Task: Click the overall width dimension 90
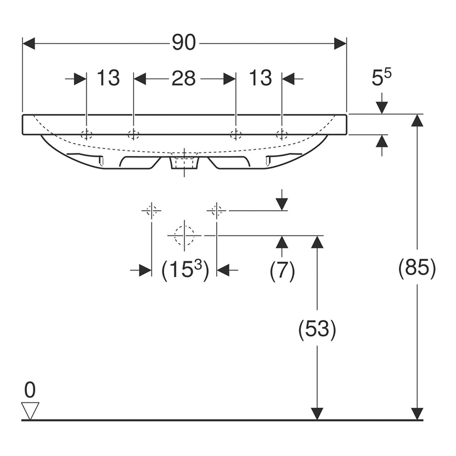click(184, 43)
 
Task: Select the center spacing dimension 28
click(184, 79)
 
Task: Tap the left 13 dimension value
click(108, 79)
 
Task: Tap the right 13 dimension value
click(260, 79)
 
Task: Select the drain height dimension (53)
click(317, 329)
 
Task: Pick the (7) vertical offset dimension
click(282, 271)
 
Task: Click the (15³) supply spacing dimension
click(185, 270)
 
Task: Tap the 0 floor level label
click(30, 390)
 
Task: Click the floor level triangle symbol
click(30, 410)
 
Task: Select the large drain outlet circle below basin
click(184, 235)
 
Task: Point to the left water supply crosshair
click(152, 210)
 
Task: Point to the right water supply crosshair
click(216, 210)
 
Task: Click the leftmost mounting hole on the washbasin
click(86, 134)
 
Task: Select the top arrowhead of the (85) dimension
click(417, 120)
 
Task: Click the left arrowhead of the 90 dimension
click(28, 43)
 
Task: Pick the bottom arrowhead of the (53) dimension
click(317, 413)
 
